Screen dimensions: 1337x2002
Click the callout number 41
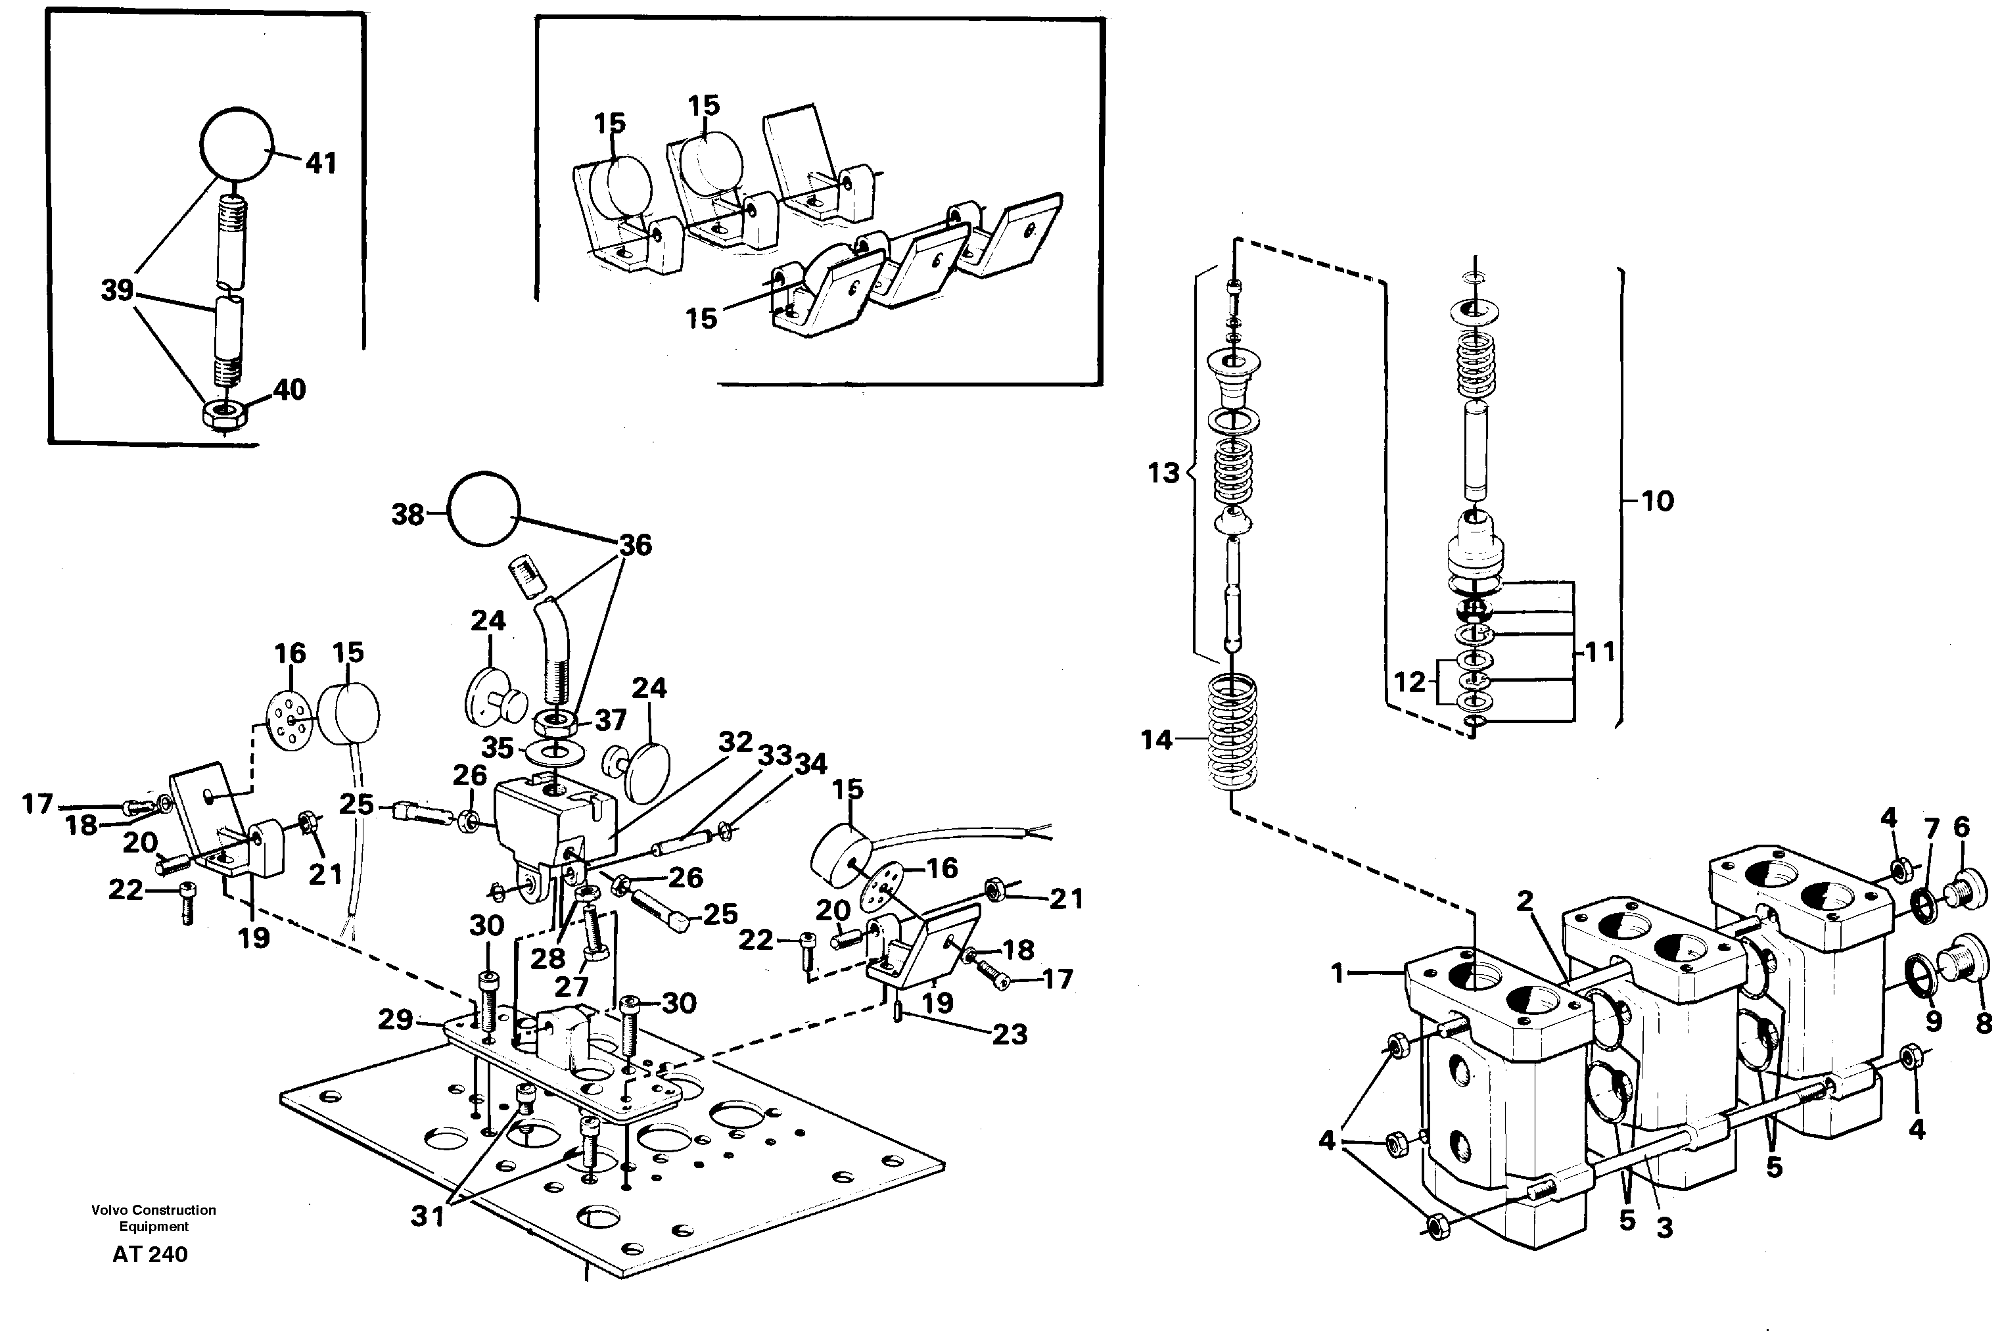pyautogui.click(x=321, y=163)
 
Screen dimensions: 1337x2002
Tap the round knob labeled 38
pyautogui.click(x=484, y=509)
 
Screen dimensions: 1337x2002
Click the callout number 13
pyautogui.click(x=1163, y=473)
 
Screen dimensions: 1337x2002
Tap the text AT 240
pyautogui.click(x=150, y=1254)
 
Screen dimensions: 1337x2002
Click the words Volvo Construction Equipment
pyautogui.click(x=154, y=1217)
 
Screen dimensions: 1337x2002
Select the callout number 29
pyautogui.click(x=396, y=1019)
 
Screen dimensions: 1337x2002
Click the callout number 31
pyautogui.click(x=427, y=1217)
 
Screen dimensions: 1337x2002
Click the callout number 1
pyautogui.click(x=1337, y=972)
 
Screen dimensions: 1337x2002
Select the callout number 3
pyautogui.click(x=1664, y=1227)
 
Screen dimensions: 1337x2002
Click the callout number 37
pyautogui.click(x=611, y=720)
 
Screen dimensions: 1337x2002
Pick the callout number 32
pyautogui.click(x=735, y=742)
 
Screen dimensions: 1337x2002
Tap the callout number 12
pyautogui.click(x=1408, y=682)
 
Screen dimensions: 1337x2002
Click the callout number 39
pyautogui.click(x=117, y=291)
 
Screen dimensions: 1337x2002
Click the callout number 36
pyautogui.click(x=635, y=545)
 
